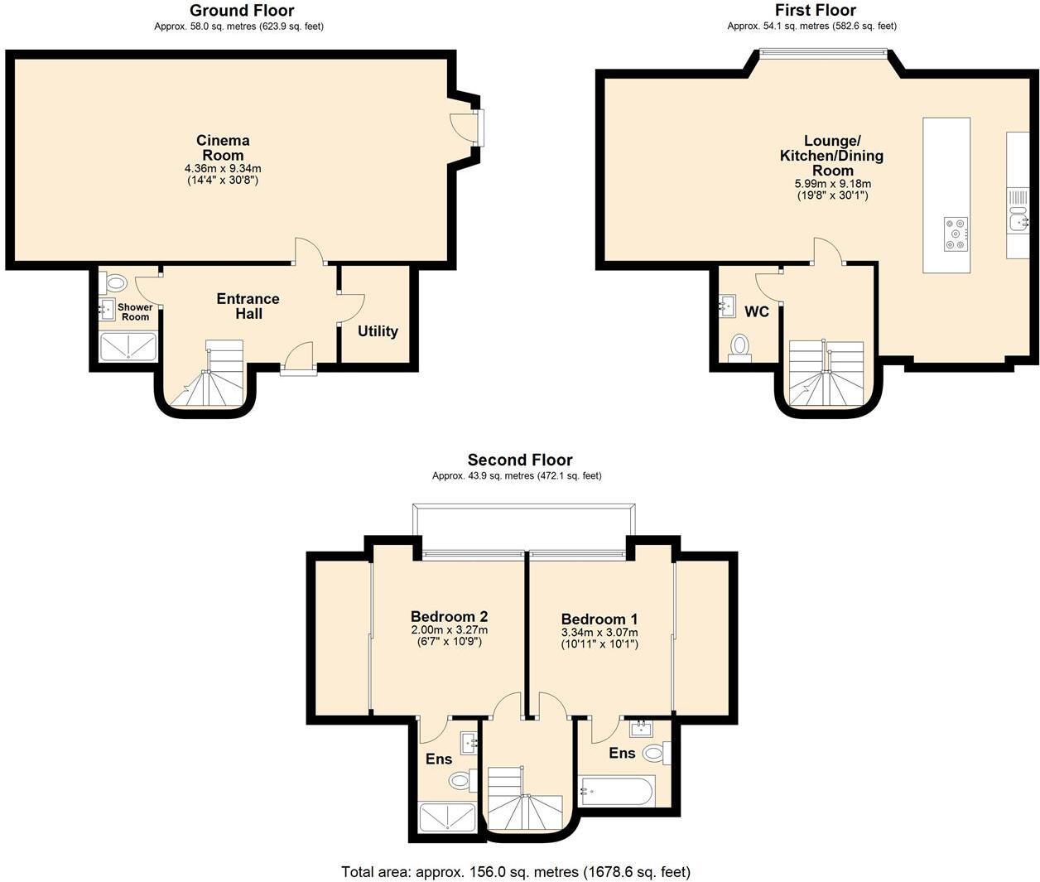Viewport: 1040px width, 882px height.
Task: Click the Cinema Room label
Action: [223, 147]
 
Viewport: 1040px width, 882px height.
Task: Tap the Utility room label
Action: [378, 331]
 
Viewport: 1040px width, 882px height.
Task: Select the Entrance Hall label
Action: [248, 306]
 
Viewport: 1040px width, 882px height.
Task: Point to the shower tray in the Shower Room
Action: [128, 346]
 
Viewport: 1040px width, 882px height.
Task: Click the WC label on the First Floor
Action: [756, 311]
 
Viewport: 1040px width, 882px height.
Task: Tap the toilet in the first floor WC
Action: [739, 345]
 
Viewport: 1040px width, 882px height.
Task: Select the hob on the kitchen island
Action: [956, 234]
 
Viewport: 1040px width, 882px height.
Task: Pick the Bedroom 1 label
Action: [599, 619]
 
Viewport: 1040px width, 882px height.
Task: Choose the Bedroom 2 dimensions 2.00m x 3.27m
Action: [449, 629]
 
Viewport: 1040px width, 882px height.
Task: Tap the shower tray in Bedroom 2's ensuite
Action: [447, 817]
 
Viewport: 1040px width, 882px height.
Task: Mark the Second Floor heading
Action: [519, 460]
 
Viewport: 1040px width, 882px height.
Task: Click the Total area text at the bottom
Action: [515, 871]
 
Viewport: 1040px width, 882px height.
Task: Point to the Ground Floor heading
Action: [241, 11]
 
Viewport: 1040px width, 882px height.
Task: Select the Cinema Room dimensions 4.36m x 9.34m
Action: [223, 168]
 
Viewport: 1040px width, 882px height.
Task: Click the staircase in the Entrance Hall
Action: [215, 377]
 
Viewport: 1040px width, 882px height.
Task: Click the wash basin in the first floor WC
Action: [728, 306]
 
